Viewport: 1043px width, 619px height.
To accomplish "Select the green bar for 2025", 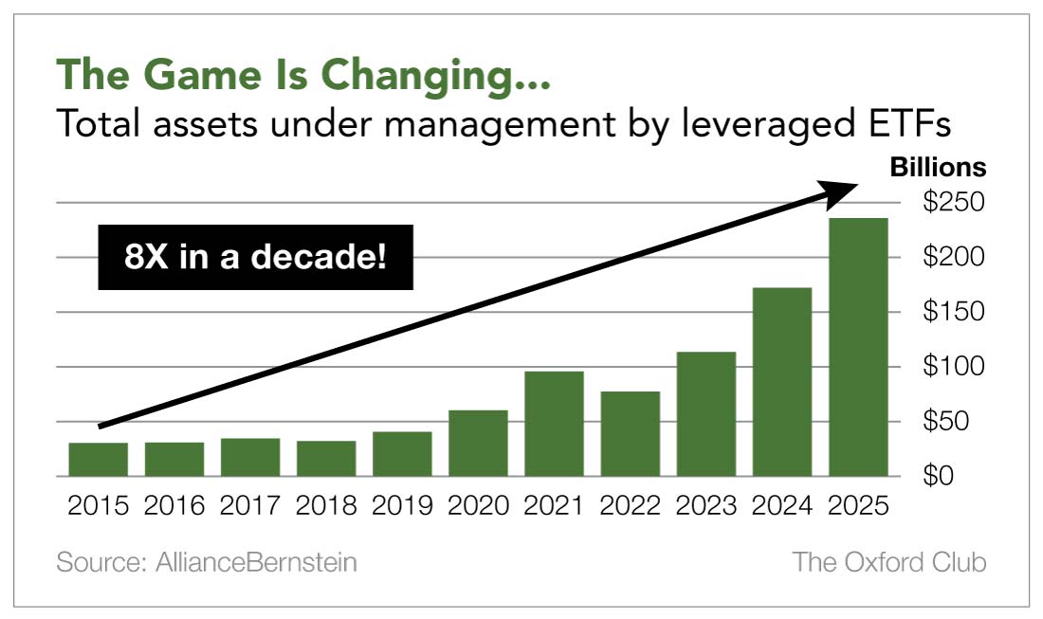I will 858,347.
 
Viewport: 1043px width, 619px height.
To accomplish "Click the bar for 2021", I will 554,424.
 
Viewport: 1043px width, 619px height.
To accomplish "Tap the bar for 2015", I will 99,459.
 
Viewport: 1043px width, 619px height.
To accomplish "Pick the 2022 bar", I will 630,433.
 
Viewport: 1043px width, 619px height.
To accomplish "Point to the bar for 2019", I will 402,453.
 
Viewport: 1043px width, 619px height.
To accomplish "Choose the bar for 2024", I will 782,381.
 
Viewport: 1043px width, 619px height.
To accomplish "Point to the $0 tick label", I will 955,476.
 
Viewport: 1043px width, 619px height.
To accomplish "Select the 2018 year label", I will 326,505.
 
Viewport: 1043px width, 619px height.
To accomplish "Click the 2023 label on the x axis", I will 705,505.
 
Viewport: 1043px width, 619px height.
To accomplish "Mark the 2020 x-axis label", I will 478,505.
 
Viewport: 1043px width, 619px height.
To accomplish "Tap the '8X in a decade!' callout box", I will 255,257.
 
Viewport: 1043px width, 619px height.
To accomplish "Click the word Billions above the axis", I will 937,168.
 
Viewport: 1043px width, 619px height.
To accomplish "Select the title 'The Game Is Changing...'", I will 303,74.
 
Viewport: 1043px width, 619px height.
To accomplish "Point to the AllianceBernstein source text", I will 207,562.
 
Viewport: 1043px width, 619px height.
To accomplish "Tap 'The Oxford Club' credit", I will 889,562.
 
